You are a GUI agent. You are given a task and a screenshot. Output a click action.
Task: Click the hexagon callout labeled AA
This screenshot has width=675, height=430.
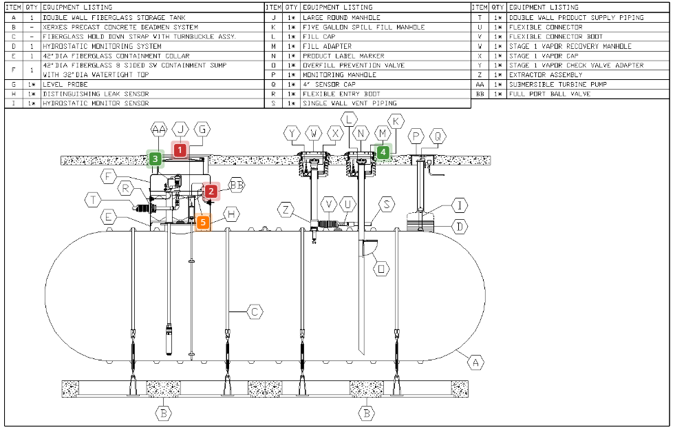click(x=159, y=130)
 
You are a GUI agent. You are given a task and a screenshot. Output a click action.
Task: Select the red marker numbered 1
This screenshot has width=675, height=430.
click(x=180, y=150)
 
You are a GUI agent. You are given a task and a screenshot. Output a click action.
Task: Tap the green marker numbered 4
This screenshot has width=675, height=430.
click(x=383, y=152)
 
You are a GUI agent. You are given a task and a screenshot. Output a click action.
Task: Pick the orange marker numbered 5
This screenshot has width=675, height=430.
click(x=202, y=223)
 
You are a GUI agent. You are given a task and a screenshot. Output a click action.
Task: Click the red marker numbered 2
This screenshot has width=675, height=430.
click(x=211, y=192)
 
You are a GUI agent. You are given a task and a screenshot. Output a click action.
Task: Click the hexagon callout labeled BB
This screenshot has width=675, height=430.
click(x=237, y=185)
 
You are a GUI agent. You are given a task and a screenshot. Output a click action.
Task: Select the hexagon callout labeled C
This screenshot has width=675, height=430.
click(x=255, y=312)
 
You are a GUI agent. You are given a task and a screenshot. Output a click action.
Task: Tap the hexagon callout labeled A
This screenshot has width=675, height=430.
click(x=475, y=361)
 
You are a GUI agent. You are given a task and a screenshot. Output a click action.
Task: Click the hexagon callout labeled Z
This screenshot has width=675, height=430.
click(x=288, y=209)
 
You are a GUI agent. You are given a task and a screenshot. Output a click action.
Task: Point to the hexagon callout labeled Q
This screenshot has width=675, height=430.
click(x=438, y=136)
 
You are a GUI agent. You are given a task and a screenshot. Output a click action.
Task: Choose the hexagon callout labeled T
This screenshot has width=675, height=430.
click(x=95, y=200)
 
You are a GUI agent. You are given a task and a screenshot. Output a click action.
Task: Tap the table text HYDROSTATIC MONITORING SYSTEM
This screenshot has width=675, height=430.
click(x=102, y=46)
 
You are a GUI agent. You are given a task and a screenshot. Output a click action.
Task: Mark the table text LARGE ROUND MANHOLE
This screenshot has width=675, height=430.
click(x=332, y=17)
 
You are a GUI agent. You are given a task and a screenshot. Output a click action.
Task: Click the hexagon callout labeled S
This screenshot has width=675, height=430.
click(x=388, y=204)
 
